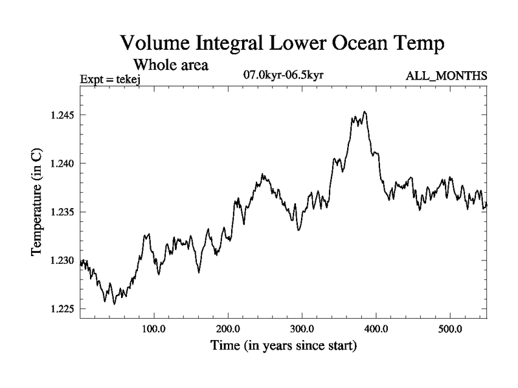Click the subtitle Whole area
pyautogui.click(x=171, y=65)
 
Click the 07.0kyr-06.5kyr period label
pyautogui.click(x=283, y=76)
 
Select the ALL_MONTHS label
pyautogui.click(x=446, y=77)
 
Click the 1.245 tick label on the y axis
pyautogui.click(x=63, y=115)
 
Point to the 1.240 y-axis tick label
pyautogui.click(x=63, y=164)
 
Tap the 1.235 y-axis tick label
pyautogui.click(x=63, y=212)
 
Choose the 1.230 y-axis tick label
pyautogui.click(x=63, y=261)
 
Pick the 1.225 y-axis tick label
pyautogui.click(x=63, y=309)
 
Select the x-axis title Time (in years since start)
pyautogui.click(x=283, y=347)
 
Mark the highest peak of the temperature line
pyautogui.click(x=365, y=112)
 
